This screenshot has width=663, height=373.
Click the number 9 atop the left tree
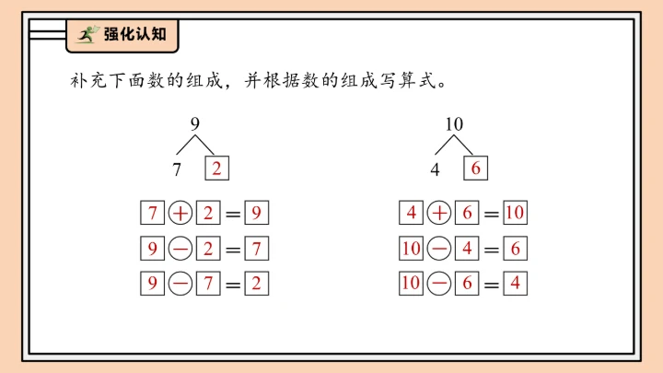(194, 124)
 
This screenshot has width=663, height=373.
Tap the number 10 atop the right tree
(454, 124)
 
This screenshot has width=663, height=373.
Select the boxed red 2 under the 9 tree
(215, 169)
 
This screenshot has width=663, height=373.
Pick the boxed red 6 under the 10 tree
(475, 169)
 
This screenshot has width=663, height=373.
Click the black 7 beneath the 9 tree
(177, 169)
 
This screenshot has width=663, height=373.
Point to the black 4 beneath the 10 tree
(435, 169)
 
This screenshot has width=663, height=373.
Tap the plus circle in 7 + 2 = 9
(180, 214)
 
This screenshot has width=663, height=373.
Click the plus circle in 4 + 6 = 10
(439, 214)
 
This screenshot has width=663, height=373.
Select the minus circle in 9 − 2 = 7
(180, 249)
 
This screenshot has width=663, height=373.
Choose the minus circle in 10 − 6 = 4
(439, 283)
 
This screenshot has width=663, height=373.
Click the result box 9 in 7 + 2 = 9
(257, 214)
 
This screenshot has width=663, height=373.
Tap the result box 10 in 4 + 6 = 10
(515, 214)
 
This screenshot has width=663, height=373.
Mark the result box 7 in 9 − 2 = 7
(257, 249)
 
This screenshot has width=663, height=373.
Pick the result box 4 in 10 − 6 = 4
(515, 283)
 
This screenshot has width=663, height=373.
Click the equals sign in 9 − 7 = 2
(233, 284)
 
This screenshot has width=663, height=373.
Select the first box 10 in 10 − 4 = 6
(411, 249)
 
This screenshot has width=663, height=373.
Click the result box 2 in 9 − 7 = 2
(257, 283)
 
